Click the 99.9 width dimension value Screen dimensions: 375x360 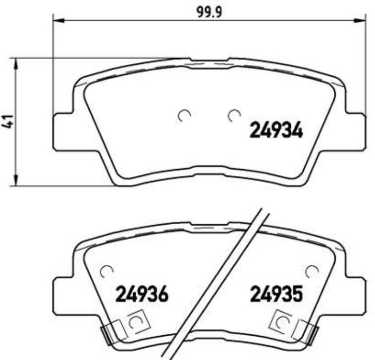click(x=209, y=12)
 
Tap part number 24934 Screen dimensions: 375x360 click(x=276, y=130)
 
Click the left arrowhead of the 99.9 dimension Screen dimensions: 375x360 click(x=58, y=21)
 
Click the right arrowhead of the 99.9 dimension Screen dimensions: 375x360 click(x=360, y=21)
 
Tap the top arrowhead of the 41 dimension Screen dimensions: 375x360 click(x=16, y=64)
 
